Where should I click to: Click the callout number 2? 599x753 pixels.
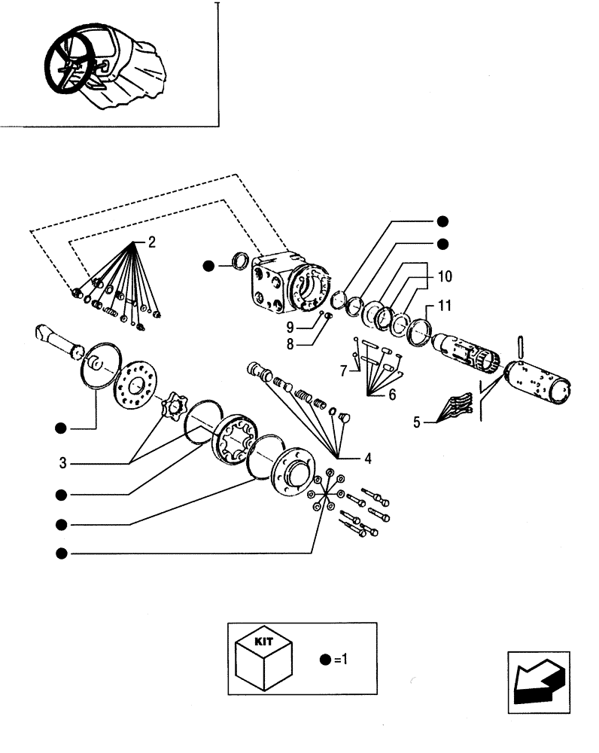151,242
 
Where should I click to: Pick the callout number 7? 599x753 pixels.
344,371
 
